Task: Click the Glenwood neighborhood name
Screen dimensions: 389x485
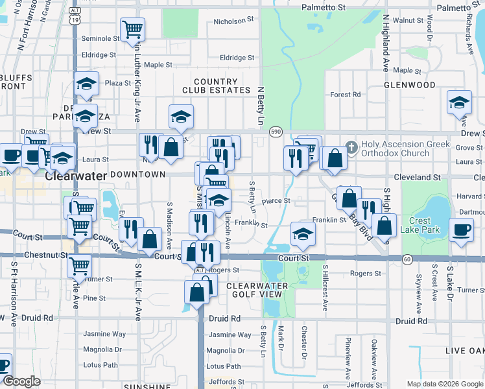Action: (x=428, y=85)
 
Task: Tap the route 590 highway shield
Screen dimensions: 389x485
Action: (x=276, y=132)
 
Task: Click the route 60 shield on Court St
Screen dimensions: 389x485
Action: (x=407, y=259)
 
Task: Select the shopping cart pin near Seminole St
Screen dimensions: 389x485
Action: (x=132, y=29)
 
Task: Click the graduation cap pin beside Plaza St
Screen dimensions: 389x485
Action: (x=86, y=84)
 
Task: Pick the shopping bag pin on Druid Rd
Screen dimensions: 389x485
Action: (x=196, y=292)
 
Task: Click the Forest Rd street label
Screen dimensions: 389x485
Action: (x=345, y=95)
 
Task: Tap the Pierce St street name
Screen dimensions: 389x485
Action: (x=276, y=201)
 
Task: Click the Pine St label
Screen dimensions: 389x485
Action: (x=94, y=298)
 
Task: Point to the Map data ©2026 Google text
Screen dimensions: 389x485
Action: (x=444, y=384)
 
